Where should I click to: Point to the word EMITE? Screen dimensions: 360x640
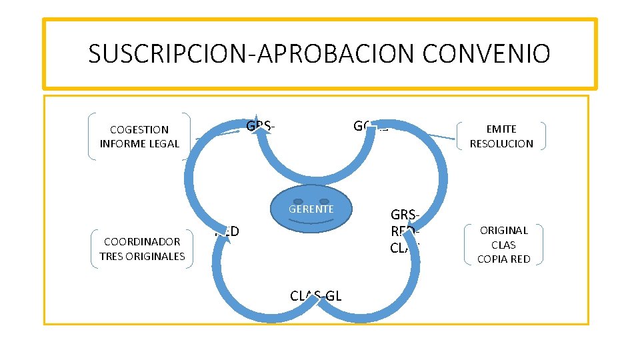coord(501,129)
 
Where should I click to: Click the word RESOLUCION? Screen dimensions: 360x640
coord(501,143)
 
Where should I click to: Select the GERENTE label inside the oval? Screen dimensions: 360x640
coord(311,209)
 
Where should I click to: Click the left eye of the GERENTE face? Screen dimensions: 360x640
coord(298,201)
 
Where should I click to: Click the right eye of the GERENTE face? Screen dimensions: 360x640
coord(324,201)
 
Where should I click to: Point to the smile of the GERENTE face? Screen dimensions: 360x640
coord(311,221)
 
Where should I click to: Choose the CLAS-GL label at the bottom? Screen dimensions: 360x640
coord(316,296)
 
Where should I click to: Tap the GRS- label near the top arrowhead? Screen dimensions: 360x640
coord(261,126)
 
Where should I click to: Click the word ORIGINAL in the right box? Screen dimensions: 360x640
coord(503,230)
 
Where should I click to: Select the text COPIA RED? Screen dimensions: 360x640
coord(503,259)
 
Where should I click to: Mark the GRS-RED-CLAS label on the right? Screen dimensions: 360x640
coord(405,231)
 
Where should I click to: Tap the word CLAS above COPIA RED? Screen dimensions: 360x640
coord(503,245)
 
